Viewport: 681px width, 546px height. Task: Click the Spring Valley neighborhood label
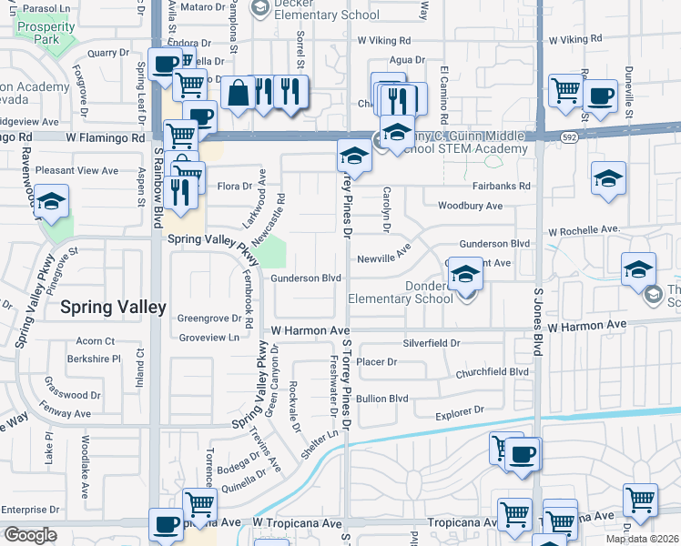pos(113,308)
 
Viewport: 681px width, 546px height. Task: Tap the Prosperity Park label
pos(45,33)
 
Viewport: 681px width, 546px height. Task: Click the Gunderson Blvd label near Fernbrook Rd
pos(306,278)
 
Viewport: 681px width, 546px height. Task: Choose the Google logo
pos(30,535)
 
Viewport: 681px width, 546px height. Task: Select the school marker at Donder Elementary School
pos(466,274)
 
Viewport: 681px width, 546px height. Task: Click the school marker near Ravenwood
pos(52,202)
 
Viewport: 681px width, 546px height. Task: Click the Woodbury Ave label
pos(470,207)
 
